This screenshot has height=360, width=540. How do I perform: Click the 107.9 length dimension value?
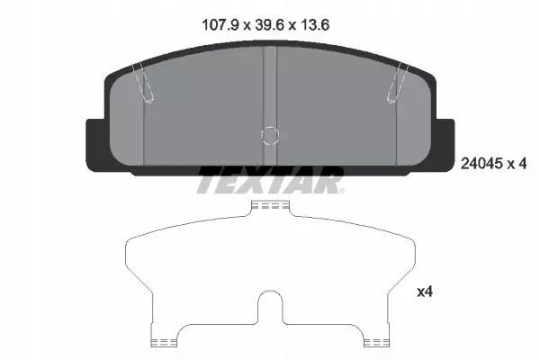221,26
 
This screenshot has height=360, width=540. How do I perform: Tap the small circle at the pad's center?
269,136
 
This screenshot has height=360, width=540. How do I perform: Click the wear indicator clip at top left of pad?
141,84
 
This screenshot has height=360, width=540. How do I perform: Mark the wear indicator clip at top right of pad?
397,84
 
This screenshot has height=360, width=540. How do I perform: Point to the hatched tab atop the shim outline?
270,206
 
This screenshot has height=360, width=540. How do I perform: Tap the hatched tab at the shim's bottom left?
162,341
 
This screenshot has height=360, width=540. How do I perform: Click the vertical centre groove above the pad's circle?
269,85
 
